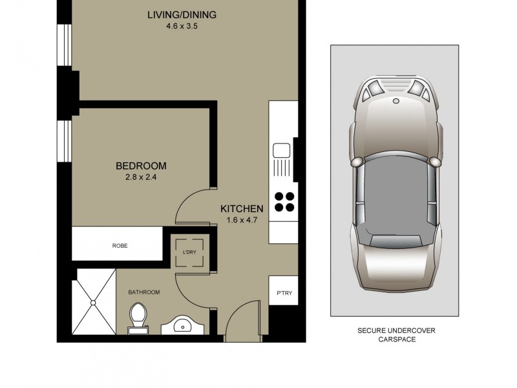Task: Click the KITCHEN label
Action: pos(242,208)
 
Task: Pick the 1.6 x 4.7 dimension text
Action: pos(242,220)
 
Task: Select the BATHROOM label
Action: pos(143,292)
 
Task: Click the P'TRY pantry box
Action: pos(284,294)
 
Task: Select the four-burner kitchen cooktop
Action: pos(284,202)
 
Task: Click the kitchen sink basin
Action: pos(282,151)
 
